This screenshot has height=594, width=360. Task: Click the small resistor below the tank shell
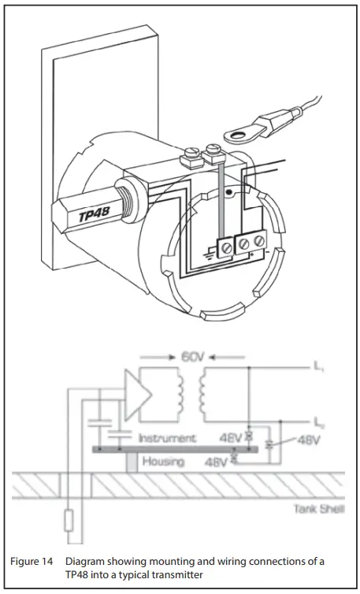pyautogui.click(x=70, y=518)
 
